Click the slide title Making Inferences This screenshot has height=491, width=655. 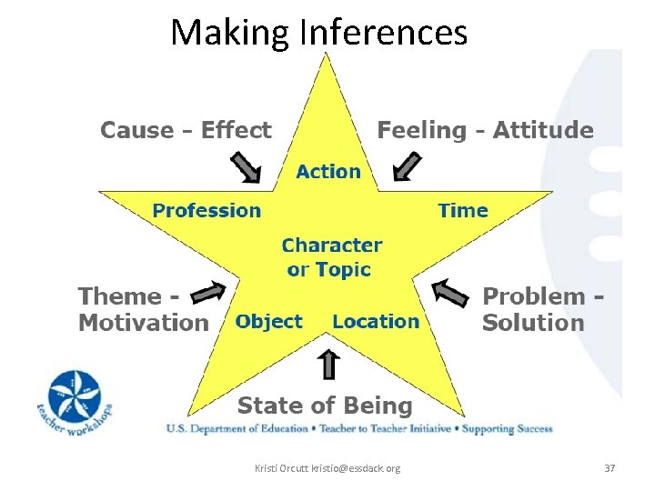tap(319, 33)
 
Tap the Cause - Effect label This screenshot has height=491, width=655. tap(186, 130)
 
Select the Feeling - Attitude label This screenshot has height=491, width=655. tap(485, 130)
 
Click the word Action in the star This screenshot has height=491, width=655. tap(328, 171)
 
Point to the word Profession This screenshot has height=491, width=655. tap(207, 211)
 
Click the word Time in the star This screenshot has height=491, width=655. tap(463, 211)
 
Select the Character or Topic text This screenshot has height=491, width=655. tap(331, 257)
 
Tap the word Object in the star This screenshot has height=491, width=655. tap(268, 321)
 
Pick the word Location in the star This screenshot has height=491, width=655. tap(376, 321)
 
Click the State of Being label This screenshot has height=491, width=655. tap(325, 406)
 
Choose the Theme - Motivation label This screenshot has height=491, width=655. tap(143, 309)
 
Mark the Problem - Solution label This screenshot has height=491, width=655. tap(543, 309)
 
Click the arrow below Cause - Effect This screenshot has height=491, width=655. tap(246, 167)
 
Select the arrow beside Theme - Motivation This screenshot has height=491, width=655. tap(209, 292)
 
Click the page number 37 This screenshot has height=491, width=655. tap(610, 468)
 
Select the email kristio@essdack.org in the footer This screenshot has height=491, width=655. tap(355, 468)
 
